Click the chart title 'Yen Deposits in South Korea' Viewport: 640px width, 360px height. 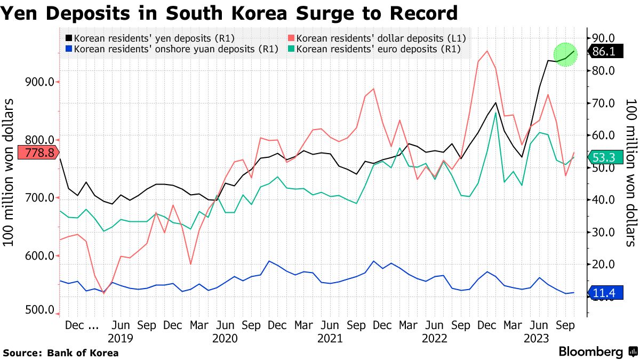pos(229,12)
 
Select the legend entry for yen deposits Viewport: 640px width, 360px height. pos(149,38)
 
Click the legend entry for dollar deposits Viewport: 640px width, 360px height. pos(377,38)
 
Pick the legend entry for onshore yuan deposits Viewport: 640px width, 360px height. pos(171,49)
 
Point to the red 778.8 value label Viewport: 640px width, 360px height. pos(36,153)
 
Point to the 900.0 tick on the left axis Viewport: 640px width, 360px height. pos(41,82)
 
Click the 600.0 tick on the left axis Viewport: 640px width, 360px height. pos(41,256)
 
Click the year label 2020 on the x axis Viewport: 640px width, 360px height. pos(225,338)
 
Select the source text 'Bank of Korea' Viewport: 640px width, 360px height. pos(83,353)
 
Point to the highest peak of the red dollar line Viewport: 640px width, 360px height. pos(487,51)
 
